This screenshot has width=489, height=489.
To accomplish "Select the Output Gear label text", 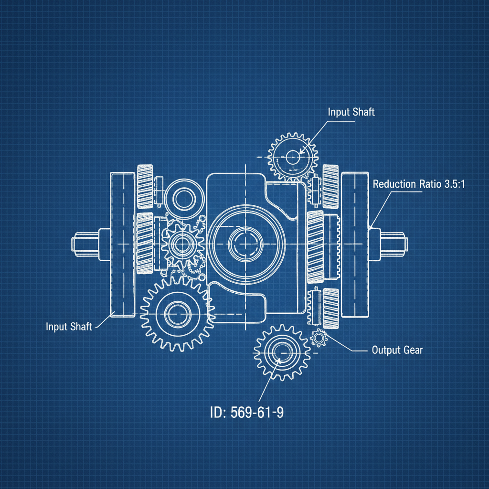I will (x=397, y=350).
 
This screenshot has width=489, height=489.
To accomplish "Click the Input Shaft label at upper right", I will (x=351, y=112).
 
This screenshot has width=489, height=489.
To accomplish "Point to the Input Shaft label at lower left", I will (x=70, y=327).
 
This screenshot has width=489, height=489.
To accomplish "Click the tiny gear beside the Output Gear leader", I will (x=318, y=338).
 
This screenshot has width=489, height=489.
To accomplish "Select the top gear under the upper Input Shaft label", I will (x=293, y=156).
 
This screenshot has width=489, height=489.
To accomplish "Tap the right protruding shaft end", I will (x=393, y=241).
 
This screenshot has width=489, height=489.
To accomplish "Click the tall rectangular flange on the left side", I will (x=123, y=244).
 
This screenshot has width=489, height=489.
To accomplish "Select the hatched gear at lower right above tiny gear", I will (x=330, y=308).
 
